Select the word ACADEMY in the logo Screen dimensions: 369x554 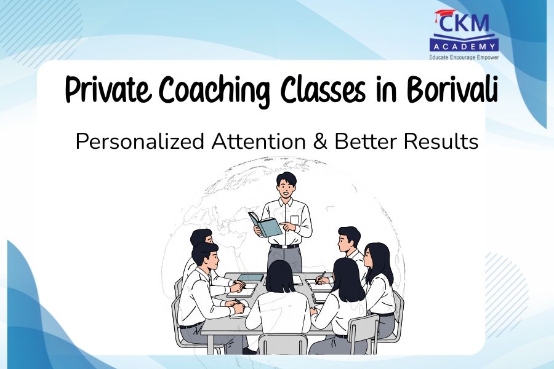pos(464,46)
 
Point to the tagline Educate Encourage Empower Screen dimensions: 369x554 pos(464,57)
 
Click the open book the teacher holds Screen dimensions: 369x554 pos(265,224)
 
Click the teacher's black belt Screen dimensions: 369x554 pos(284,246)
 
